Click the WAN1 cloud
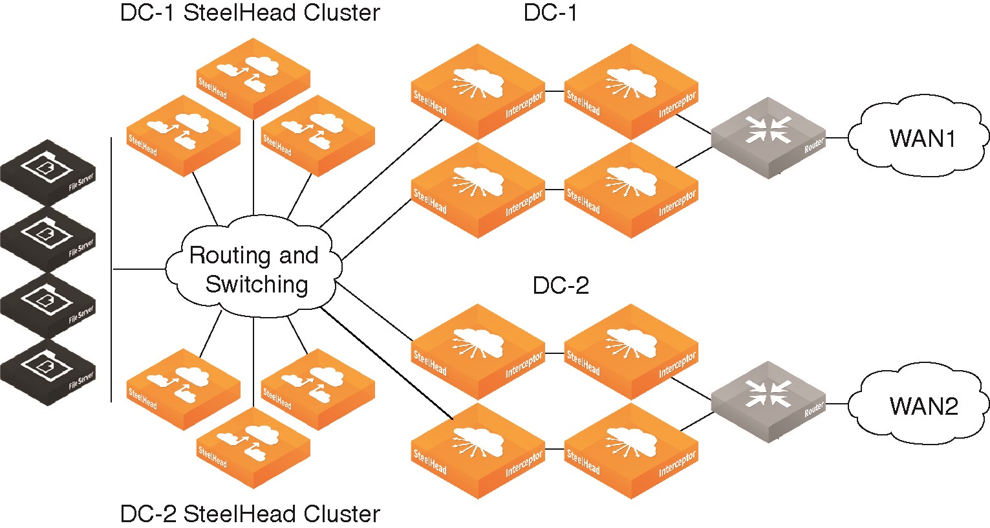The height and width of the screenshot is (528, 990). tap(921, 138)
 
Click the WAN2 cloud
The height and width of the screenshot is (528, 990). tap(922, 406)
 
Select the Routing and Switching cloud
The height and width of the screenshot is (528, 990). tap(254, 269)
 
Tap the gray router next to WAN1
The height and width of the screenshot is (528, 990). tap(769, 137)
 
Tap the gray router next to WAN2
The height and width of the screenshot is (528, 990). tap(768, 401)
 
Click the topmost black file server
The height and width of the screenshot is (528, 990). tap(48, 171)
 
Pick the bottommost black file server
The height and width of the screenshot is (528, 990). tap(48, 371)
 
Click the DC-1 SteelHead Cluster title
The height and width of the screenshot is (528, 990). tap(250, 13)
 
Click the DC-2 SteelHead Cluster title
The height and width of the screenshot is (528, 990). tap(250, 514)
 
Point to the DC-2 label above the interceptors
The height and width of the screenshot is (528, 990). tap(561, 285)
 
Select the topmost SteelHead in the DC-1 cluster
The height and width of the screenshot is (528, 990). tap(253, 78)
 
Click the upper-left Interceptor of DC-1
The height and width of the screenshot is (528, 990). tap(479, 91)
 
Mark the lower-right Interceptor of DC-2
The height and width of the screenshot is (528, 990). tap(631, 450)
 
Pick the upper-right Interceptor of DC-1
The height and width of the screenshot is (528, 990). tap(631, 91)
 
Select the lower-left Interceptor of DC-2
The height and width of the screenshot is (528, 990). tap(479, 450)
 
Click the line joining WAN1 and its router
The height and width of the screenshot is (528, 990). tap(838, 138)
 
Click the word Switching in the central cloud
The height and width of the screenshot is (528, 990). tap(257, 285)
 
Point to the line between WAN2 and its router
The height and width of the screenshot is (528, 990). tap(837, 404)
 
